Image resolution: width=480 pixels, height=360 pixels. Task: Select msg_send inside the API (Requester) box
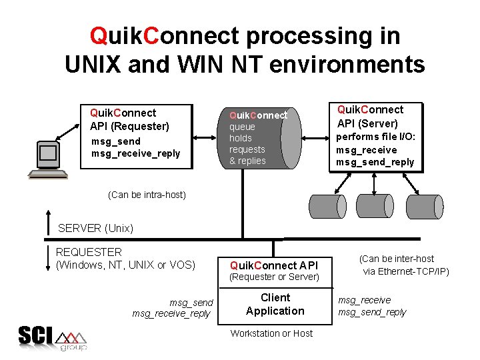click(x=116, y=141)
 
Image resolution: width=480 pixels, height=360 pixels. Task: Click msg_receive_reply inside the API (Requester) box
click(x=135, y=153)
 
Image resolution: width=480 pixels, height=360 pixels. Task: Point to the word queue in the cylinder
click(x=242, y=127)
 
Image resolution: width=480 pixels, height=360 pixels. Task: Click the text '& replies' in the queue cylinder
click(x=247, y=161)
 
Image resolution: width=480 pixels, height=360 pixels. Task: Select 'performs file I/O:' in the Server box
click(x=375, y=137)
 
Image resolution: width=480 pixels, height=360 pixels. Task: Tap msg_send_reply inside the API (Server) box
click(x=375, y=162)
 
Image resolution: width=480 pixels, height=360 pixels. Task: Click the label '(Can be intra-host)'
click(x=147, y=195)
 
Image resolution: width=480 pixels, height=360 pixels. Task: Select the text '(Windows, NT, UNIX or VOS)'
click(x=125, y=265)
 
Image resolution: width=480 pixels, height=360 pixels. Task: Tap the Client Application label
click(x=275, y=304)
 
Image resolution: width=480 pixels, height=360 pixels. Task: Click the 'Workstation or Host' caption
click(x=271, y=333)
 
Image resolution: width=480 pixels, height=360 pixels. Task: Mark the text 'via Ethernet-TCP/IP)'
click(x=405, y=271)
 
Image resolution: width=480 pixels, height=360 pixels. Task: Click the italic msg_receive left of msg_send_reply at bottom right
click(x=364, y=300)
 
